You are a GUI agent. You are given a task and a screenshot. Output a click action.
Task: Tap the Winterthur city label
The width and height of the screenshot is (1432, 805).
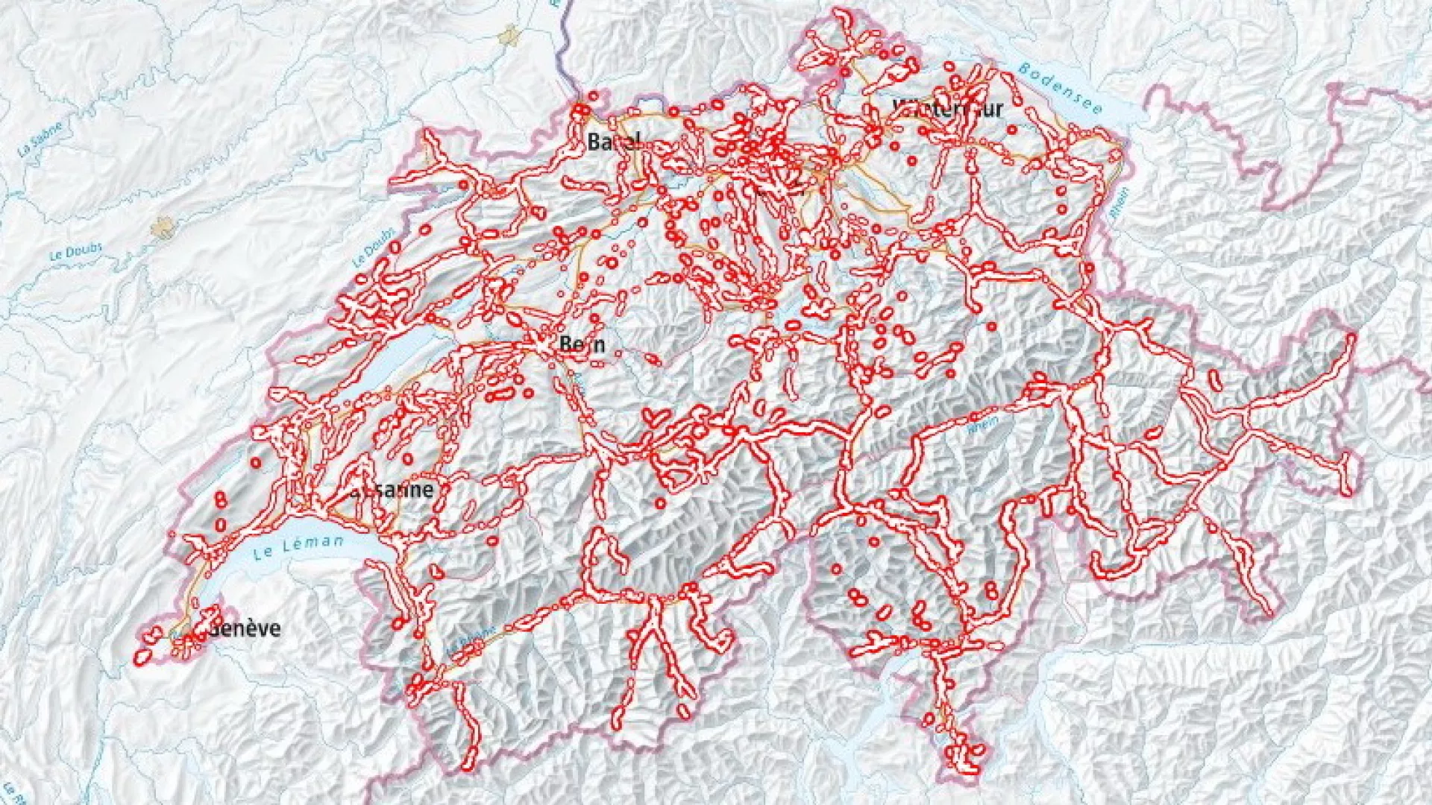click(948, 109)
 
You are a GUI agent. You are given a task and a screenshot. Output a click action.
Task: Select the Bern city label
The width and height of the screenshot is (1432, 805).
click(582, 344)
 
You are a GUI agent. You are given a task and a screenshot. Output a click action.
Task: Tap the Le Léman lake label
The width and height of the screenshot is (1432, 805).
click(298, 548)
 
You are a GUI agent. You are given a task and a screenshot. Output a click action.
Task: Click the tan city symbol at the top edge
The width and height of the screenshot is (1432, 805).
click(510, 33)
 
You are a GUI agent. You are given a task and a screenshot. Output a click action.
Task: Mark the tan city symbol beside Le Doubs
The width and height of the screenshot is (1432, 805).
click(162, 227)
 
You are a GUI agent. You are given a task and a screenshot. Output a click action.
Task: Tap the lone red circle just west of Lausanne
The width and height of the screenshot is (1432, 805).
click(256, 463)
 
